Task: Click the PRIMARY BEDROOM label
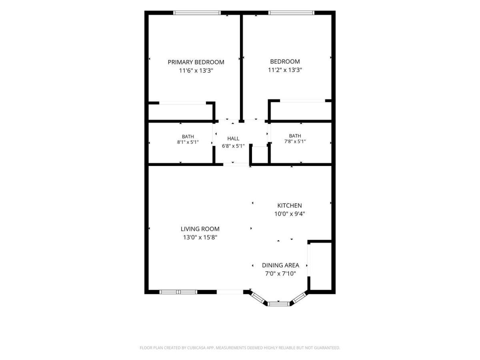pyautogui.click(x=196, y=62)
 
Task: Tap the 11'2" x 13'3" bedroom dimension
pyautogui.click(x=285, y=70)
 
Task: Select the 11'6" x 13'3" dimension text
pyautogui.click(x=196, y=71)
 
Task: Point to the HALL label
pyautogui.click(x=233, y=138)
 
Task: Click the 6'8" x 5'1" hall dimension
pyautogui.click(x=233, y=146)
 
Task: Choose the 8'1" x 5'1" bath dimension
pyautogui.click(x=188, y=142)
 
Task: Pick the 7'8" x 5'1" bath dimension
pyautogui.click(x=295, y=142)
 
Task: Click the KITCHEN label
pyautogui.click(x=290, y=206)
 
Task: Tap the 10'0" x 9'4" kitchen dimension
pyautogui.click(x=290, y=214)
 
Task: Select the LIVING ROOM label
pyautogui.click(x=200, y=229)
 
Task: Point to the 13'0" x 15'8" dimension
pyautogui.click(x=200, y=237)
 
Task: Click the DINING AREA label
pyautogui.click(x=280, y=265)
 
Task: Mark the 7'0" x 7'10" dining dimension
pyautogui.click(x=280, y=274)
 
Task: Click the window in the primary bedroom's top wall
pyautogui.click(x=197, y=13)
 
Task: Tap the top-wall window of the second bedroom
pyautogui.click(x=291, y=13)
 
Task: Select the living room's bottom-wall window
pyautogui.click(x=178, y=292)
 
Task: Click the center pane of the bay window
pyautogui.click(x=278, y=304)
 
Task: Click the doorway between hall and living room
pyautogui.click(x=236, y=164)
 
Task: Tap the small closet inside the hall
pyautogui.click(x=260, y=155)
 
